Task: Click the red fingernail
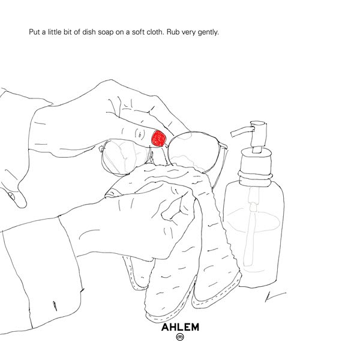click(x=158, y=138)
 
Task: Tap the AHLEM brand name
click(x=180, y=327)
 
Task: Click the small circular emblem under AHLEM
click(x=180, y=337)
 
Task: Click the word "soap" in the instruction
click(x=106, y=32)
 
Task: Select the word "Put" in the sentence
click(x=34, y=32)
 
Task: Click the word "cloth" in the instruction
click(x=155, y=32)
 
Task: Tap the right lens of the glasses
click(x=194, y=152)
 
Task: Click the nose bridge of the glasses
click(x=159, y=147)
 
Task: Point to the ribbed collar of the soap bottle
click(x=256, y=177)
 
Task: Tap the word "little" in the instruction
click(x=55, y=32)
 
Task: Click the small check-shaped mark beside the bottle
click(x=275, y=296)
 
